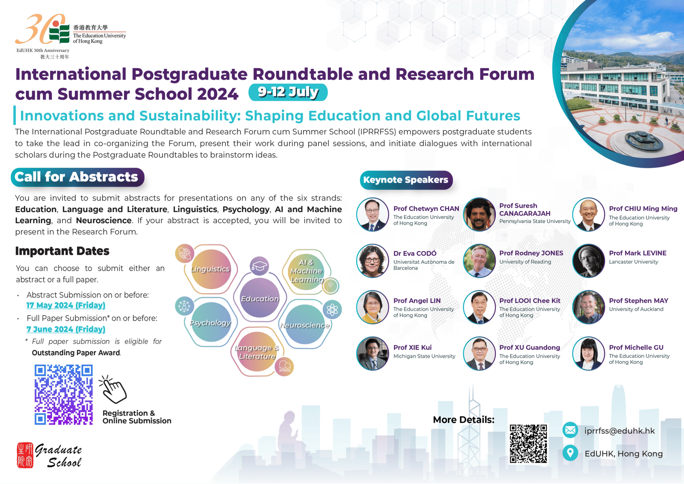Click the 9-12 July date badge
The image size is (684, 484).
[288, 92]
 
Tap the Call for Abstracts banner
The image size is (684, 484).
[77, 177]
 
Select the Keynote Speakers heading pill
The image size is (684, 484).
[406, 180]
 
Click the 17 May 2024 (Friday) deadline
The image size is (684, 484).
[66, 305]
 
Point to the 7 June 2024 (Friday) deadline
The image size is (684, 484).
[66, 329]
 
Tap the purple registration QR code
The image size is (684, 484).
[64, 395]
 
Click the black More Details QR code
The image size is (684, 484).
[528, 444]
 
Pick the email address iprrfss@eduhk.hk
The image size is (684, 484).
[619, 431]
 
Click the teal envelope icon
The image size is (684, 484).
[570, 430]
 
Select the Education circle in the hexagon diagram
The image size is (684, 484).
[259, 298]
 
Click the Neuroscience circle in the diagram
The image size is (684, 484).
[305, 324]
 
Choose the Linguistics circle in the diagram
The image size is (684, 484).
[211, 269]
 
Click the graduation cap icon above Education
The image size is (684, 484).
[259, 266]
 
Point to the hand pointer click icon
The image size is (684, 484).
[112, 390]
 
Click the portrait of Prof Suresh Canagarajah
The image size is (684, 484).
[479, 214]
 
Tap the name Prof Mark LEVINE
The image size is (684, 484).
[637, 253]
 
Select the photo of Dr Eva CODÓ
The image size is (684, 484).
[372, 261]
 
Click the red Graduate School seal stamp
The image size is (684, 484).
[25, 455]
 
